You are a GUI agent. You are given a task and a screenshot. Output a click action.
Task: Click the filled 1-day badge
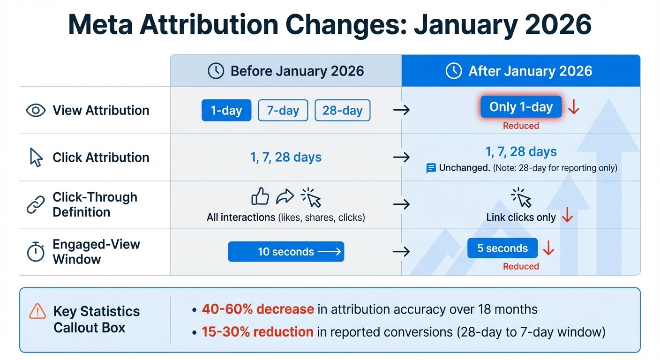click(226, 111)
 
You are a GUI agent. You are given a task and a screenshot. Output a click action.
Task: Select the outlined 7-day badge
click(283, 111)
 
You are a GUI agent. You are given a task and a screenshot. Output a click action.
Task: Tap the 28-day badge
click(342, 111)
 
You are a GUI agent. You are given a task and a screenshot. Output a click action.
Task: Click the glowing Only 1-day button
click(521, 107)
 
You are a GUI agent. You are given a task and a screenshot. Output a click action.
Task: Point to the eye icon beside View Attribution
click(36, 111)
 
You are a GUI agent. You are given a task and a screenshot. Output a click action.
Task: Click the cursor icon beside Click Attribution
click(36, 157)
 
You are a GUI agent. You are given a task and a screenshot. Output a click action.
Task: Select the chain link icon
click(36, 205)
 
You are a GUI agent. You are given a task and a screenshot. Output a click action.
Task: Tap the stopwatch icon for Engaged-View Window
click(36, 252)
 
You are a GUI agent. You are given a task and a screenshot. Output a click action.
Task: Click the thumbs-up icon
click(260, 197)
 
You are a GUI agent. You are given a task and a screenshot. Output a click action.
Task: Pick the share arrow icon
click(285, 197)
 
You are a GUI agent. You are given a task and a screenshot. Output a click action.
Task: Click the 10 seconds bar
click(286, 252)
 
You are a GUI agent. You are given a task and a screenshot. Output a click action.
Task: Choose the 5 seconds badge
click(502, 248)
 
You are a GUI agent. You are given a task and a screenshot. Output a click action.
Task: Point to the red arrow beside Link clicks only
click(567, 216)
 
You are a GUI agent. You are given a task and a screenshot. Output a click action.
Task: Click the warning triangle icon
click(37, 311)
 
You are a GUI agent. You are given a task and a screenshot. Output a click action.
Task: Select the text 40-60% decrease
click(257, 309)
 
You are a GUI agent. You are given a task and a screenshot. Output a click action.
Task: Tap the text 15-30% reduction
click(257, 332)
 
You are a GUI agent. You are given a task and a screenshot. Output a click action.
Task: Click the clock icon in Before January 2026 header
click(216, 71)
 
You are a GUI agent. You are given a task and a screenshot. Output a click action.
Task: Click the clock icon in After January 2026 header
click(454, 71)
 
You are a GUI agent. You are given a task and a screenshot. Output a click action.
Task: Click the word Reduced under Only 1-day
click(521, 126)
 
